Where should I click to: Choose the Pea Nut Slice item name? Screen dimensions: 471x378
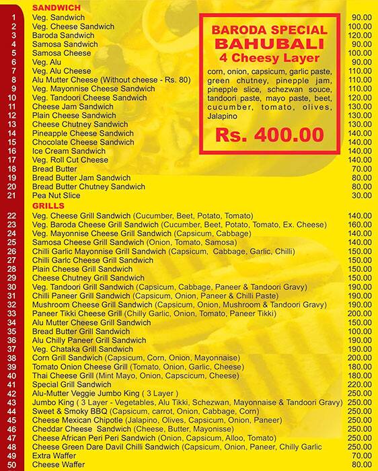click(56, 195)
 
